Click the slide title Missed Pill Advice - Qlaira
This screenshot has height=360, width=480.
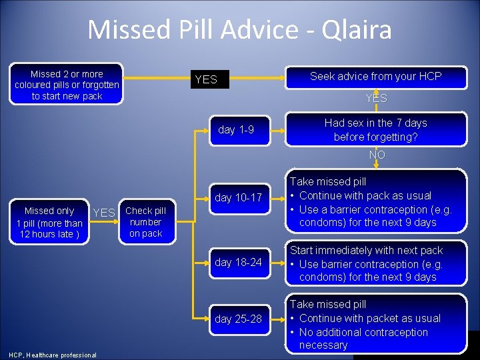click(x=239, y=30)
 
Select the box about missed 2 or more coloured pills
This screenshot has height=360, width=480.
click(x=67, y=85)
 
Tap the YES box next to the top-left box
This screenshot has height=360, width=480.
click(x=206, y=79)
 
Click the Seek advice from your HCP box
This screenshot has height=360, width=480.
click(x=375, y=77)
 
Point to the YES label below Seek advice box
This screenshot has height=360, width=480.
click(x=376, y=99)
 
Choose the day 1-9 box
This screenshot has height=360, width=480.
click(x=235, y=129)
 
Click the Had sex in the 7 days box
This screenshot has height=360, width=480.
click(x=375, y=129)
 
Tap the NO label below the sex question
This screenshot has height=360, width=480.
click(x=377, y=155)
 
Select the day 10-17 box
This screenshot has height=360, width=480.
click(x=238, y=197)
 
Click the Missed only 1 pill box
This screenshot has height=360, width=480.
click(x=49, y=222)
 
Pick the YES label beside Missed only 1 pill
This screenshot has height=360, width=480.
click(x=104, y=213)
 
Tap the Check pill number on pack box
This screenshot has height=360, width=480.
click(x=145, y=222)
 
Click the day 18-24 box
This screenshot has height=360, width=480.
click(x=238, y=263)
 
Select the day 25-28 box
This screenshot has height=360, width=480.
click(x=238, y=319)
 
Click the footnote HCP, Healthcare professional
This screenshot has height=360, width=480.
click(x=53, y=355)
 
